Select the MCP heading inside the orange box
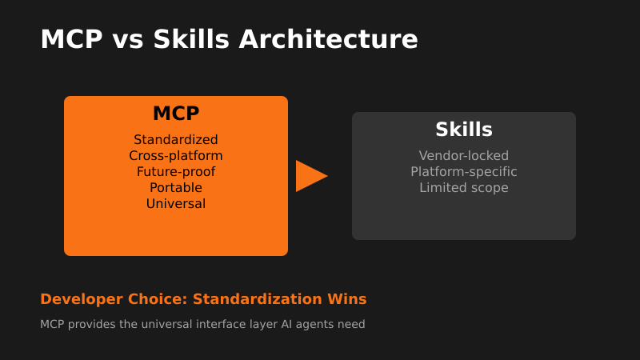pyautogui.click(x=176, y=114)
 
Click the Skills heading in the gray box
pyautogui.click(x=464, y=130)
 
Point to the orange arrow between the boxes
pyautogui.click(x=310, y=176)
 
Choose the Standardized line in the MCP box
pyautogui.click(x=176, y=140)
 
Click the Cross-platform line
pyautogui.click(x=176, y=156)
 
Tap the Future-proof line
pyautogui.click(x=176, y=172)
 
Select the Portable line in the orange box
pyautogui.click(x=176, y=188)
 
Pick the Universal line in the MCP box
pyautogui.click(x=176, y=204)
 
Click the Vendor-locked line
pyautogui.click(x=464, y=156)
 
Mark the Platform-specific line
pyautogui.click(x=464, y=172)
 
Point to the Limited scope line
pyautogui.click(x=464, y=188)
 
